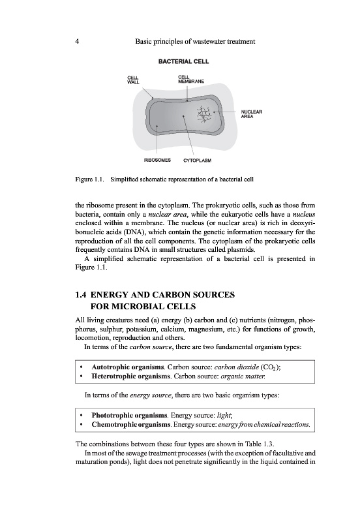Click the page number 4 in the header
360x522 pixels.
77,42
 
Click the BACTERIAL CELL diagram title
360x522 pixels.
184,61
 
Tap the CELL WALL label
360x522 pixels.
133,80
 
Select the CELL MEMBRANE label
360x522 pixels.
191,79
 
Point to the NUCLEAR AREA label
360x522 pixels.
252,114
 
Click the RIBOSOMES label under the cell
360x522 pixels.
157,160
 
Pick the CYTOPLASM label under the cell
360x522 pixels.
198,161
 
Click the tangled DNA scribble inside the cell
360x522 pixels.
204,114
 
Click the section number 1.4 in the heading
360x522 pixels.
81,295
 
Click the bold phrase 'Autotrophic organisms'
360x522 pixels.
128,367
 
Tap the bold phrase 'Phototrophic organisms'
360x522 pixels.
129,416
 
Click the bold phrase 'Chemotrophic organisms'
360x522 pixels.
132,425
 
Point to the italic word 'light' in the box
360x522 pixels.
224,416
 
